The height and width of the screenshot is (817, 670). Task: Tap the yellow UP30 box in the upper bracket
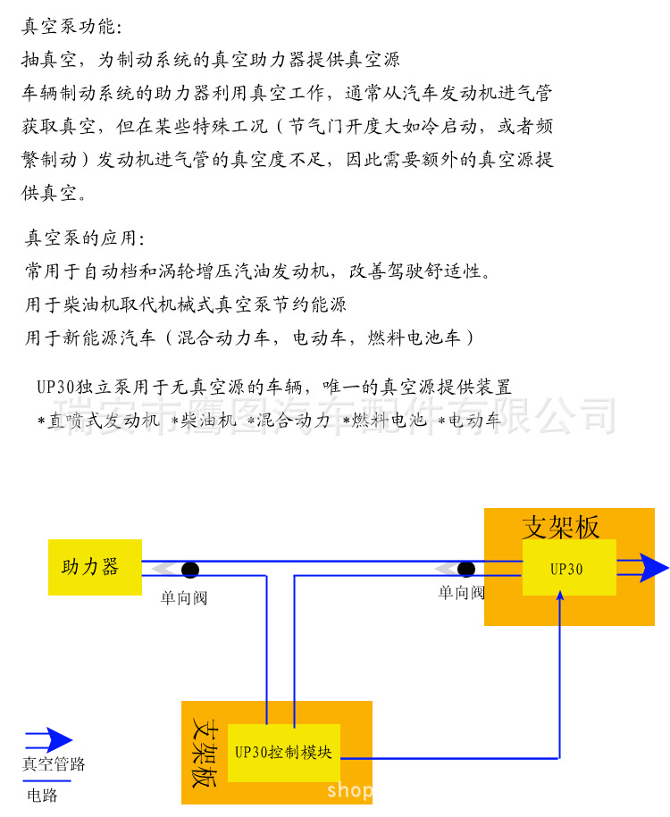pos(569,568)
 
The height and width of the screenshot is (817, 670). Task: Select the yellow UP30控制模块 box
pos(283,752)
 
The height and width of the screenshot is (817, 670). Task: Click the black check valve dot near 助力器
pos(190,570)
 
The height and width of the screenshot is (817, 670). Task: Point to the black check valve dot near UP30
pos(465,569)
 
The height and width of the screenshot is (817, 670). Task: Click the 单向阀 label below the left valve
pos(184,597)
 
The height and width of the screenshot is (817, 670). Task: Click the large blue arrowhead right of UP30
pos(654,567)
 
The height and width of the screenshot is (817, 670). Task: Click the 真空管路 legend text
pos(54,764)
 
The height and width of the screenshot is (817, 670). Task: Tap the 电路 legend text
pos(42,795)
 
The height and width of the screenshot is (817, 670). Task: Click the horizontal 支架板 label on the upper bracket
pos(561,527)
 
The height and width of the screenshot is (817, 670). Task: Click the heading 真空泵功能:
pos(67,27)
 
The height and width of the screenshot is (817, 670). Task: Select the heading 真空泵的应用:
pos(83,238)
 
